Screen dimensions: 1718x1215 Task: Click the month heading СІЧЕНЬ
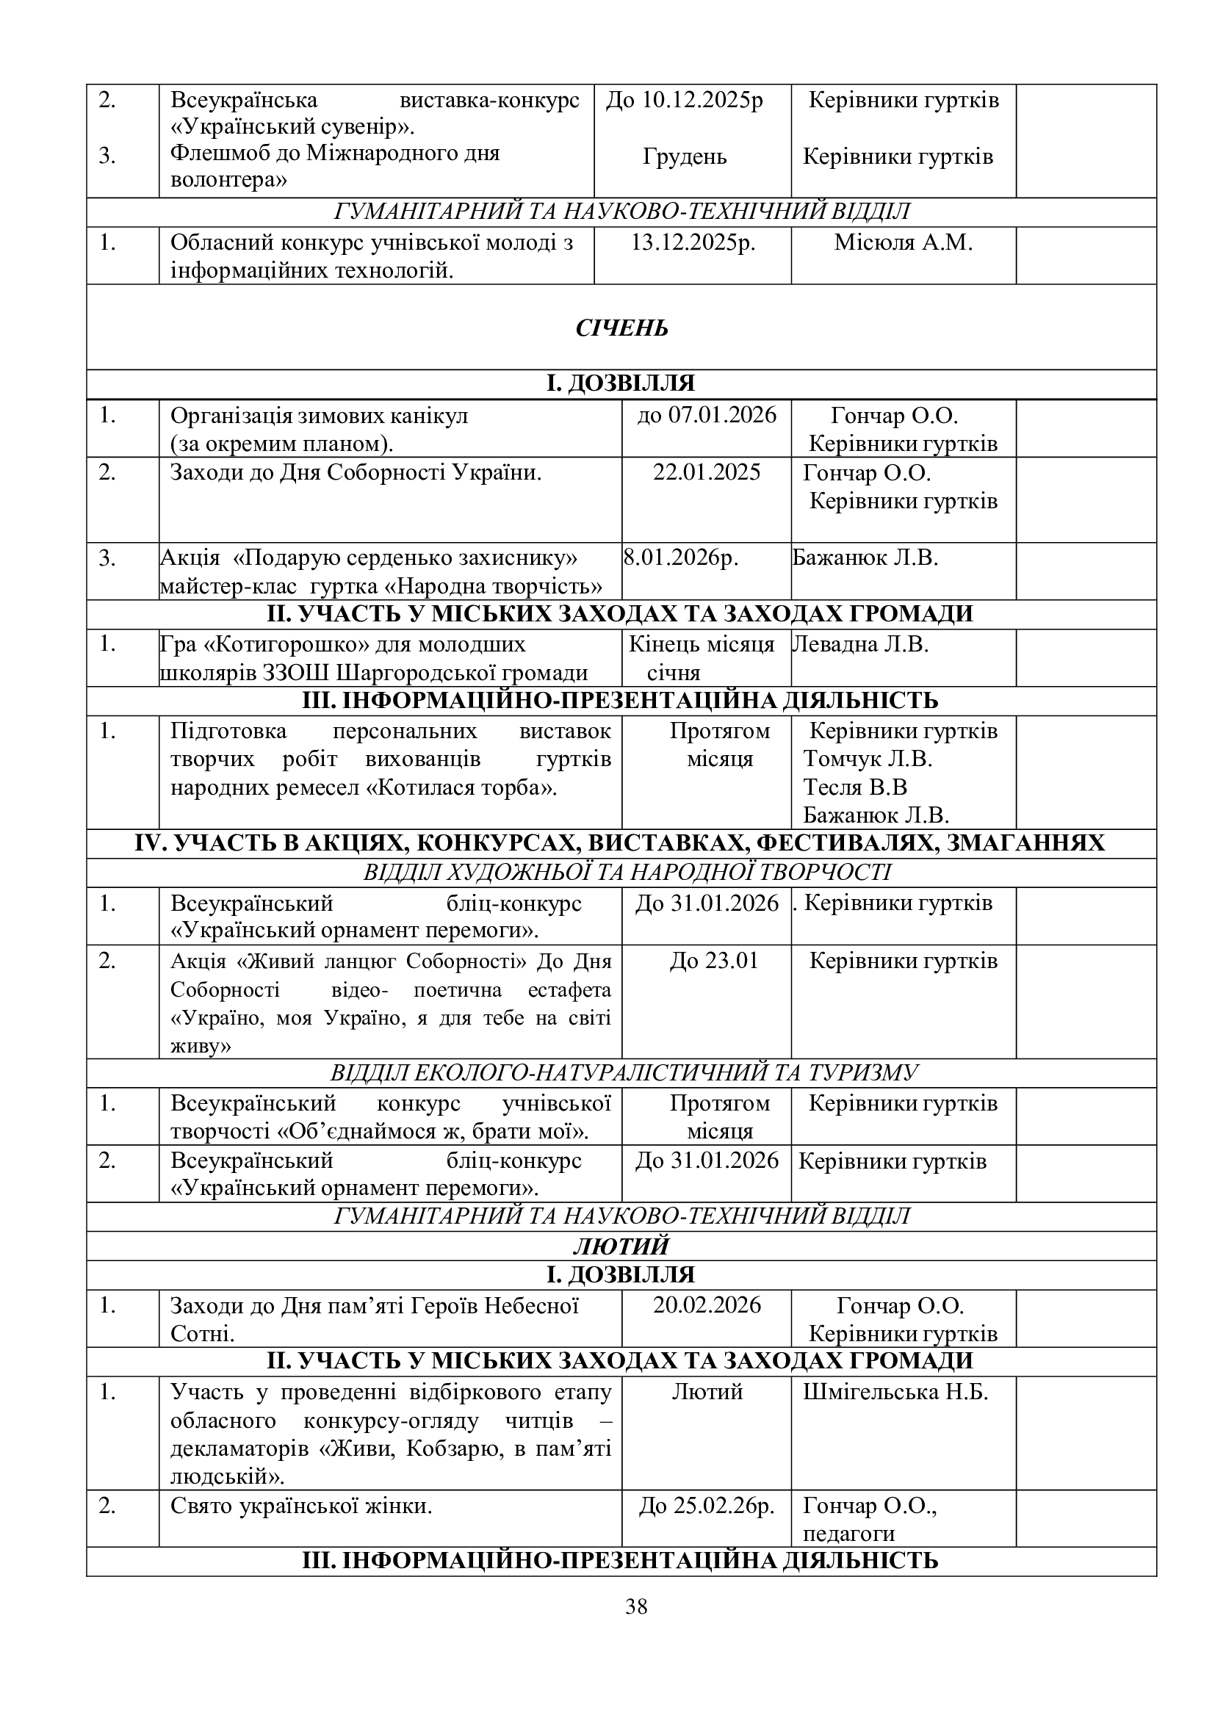coord(621,328)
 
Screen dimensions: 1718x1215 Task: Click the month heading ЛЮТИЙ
coord(621,1246)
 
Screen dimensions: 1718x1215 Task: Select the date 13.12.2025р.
coord(693,242)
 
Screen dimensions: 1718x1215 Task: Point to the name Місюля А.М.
coord(903,242)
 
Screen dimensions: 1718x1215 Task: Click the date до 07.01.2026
coord(706,414)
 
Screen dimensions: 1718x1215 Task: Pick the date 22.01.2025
coord(706,472)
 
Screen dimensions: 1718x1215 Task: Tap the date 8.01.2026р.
coord(680,557)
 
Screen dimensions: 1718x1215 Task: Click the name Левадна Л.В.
coord(859,644)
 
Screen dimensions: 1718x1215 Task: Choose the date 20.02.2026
coord(706,1305)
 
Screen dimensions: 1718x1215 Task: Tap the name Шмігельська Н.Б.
coord(895,1392)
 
